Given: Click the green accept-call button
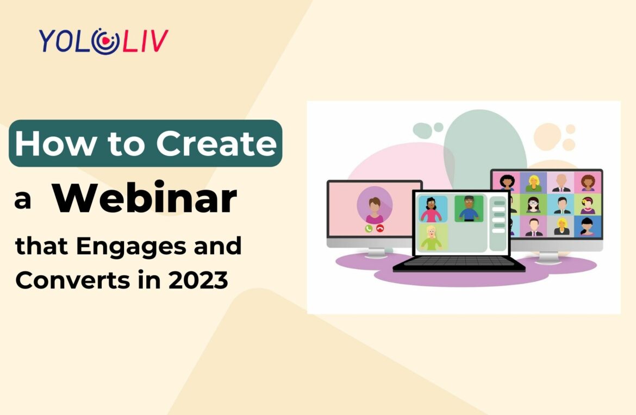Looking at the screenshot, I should pos(369,228).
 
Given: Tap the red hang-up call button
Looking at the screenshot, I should pos(380,228).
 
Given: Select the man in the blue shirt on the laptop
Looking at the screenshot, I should pos(469,209).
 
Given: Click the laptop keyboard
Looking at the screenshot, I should pos(458,262).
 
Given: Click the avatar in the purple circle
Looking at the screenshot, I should pos(375,205).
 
